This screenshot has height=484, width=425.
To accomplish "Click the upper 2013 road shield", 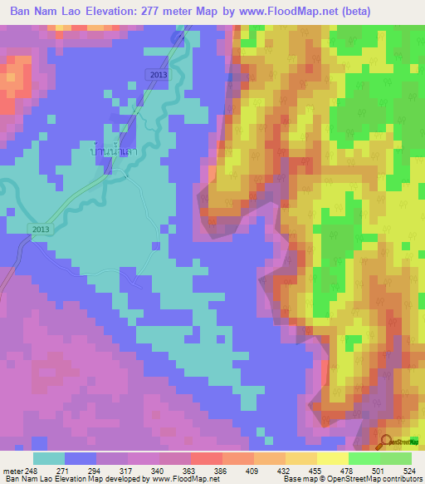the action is [x=159, y=75].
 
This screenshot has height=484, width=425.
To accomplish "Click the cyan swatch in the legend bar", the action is [x=49, y=458].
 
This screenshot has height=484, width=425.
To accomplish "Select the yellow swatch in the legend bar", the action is [x=332, y=458].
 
